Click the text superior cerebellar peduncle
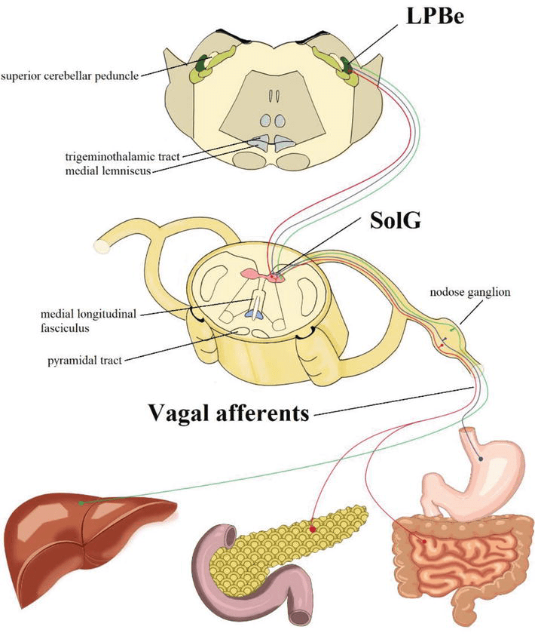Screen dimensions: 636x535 (x=69, y=75)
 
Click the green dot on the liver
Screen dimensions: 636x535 (x=81, y=501)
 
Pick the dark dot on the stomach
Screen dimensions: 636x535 (x=481, y=458)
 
